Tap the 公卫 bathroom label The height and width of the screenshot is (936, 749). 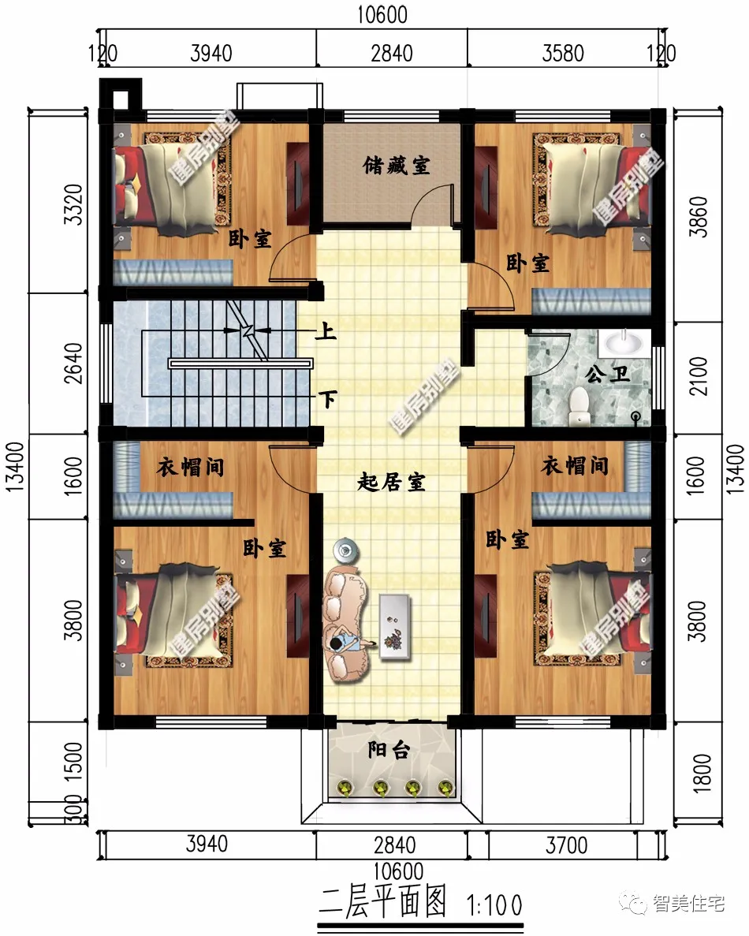pos(609,374)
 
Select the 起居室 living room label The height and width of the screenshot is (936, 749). pos(391,483)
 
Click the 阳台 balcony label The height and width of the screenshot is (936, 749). pos(389,751)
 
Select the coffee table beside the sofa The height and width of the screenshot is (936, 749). pos(395,625)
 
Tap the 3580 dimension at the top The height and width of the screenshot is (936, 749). pos(563,54)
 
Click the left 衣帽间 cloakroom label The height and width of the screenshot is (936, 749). pos(191,467)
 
